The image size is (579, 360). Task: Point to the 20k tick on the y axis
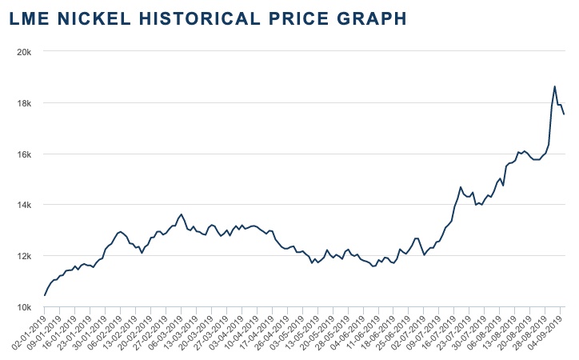coord(24,52)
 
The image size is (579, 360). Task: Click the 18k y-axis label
coord(24,103)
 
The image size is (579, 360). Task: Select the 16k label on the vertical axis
coord(24,154)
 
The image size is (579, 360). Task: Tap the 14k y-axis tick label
coord(24,205)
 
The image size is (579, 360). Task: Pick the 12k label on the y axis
coord(24,256)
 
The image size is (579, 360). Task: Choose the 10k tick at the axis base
coord(24,307)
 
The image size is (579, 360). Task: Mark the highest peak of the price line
coord(555,86)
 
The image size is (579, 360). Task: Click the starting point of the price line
coord(45,295)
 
